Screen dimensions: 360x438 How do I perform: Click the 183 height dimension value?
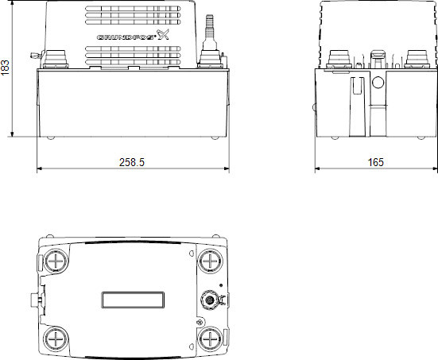pos(6,68)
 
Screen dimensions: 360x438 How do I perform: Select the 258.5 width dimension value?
pos(132,161)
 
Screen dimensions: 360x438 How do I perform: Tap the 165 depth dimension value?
pos(375,161)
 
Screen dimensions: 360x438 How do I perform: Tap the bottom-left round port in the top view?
pos(56,338)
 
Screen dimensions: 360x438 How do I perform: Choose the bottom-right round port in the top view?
pos(210,338)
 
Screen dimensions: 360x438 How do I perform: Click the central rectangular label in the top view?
pos(133,300)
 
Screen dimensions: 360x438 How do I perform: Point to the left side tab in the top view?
pos(34,300)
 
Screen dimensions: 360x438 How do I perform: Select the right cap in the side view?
pos(418,59)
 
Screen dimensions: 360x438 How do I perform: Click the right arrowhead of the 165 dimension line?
pos(431,169)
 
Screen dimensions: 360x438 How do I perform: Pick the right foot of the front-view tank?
pos(213,138)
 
